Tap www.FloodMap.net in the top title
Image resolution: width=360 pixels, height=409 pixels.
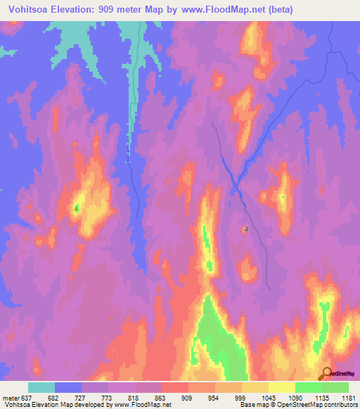218,9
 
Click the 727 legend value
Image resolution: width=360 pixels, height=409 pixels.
82,397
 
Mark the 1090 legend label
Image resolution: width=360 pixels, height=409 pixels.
295,397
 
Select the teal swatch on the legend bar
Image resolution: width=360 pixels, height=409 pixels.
41,387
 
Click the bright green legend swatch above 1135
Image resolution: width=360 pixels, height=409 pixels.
308,387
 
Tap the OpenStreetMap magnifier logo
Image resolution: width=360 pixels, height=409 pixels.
326,373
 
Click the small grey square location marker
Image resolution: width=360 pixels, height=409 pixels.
245,229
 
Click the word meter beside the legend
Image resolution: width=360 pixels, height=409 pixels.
11,397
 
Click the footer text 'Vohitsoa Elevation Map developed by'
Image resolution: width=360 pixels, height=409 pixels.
49,405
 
